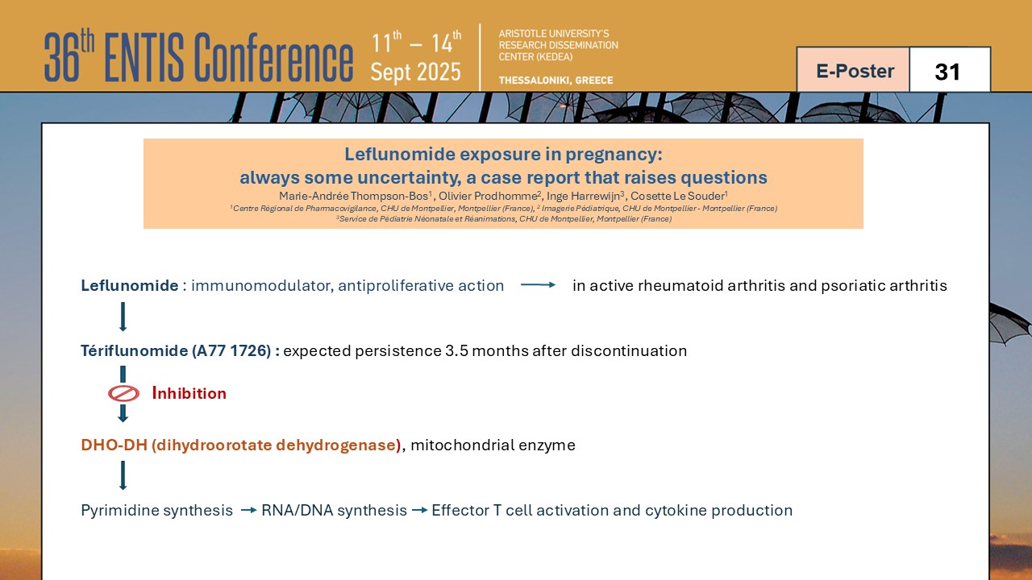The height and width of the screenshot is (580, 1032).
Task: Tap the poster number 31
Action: [947, 72]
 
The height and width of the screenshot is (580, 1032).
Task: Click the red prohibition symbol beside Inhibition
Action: [123, 394]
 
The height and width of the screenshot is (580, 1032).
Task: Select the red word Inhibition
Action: [189, 393]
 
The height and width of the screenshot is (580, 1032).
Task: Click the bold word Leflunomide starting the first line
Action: [130, 285]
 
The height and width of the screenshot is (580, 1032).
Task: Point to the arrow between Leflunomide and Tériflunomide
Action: [123, 317]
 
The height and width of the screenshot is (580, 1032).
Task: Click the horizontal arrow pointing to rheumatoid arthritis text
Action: [538, 285]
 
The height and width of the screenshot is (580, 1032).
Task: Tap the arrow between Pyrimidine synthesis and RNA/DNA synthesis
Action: [249, 510]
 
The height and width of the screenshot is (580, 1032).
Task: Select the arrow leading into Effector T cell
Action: [420, 510]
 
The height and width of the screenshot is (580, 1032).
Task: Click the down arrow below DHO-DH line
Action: [123, 475]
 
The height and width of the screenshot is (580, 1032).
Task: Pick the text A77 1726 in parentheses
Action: [231, 350]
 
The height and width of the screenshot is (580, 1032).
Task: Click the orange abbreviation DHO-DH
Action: [114, 445]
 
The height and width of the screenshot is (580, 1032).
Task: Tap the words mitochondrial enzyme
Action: [493, 445]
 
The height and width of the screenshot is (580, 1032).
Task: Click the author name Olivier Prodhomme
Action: [488, 196]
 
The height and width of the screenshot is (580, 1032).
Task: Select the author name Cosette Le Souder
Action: [677, 196]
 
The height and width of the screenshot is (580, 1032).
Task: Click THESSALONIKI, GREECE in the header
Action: [556, 80]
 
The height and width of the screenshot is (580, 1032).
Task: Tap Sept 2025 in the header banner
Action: [415, 72]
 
